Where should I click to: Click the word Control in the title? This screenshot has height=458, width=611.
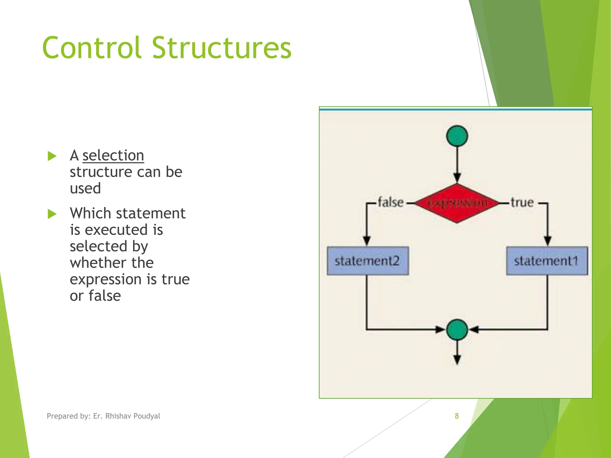pyautogui.click(x=91, y=48)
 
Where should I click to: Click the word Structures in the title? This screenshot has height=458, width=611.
pyautogui.click(x=222, y=48)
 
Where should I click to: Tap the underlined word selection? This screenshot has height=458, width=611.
pyautogui.click(x=113, y=156)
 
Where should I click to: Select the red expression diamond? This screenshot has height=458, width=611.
pyautogui.click(x=457, y=203)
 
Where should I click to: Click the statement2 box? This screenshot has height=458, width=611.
pyautogui.click(x=368, y=261)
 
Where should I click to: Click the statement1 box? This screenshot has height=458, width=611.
pyautogui.click(x=547, y=261)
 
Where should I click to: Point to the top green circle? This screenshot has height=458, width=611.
pyautogui.click(x=457, y=136)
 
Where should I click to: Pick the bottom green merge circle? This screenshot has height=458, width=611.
pyautogui.click(x=457, y=329)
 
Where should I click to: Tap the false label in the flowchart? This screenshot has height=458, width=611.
pyautogui.click(x=391, y=202)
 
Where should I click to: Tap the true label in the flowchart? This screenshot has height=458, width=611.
pyautogui.click(x=522, y=202)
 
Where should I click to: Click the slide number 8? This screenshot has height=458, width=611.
pyautogui.click(x=456, y=416)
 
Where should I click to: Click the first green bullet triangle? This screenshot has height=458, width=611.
pyautogui.click(x=52, y=156)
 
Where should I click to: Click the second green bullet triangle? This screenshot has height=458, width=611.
pyautogui.click(x=52, y=214)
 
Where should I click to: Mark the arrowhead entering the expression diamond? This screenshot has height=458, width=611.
pyautogui.click(x=457, y=178)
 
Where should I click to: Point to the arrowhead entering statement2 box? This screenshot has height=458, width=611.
pyautogui.click(x=367, y=241)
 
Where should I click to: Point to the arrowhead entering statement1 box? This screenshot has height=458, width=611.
pyautogui.click(x=547, y=241)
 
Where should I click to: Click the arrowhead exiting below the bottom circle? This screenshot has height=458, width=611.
pyautogui.click(x=457, y=360)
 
